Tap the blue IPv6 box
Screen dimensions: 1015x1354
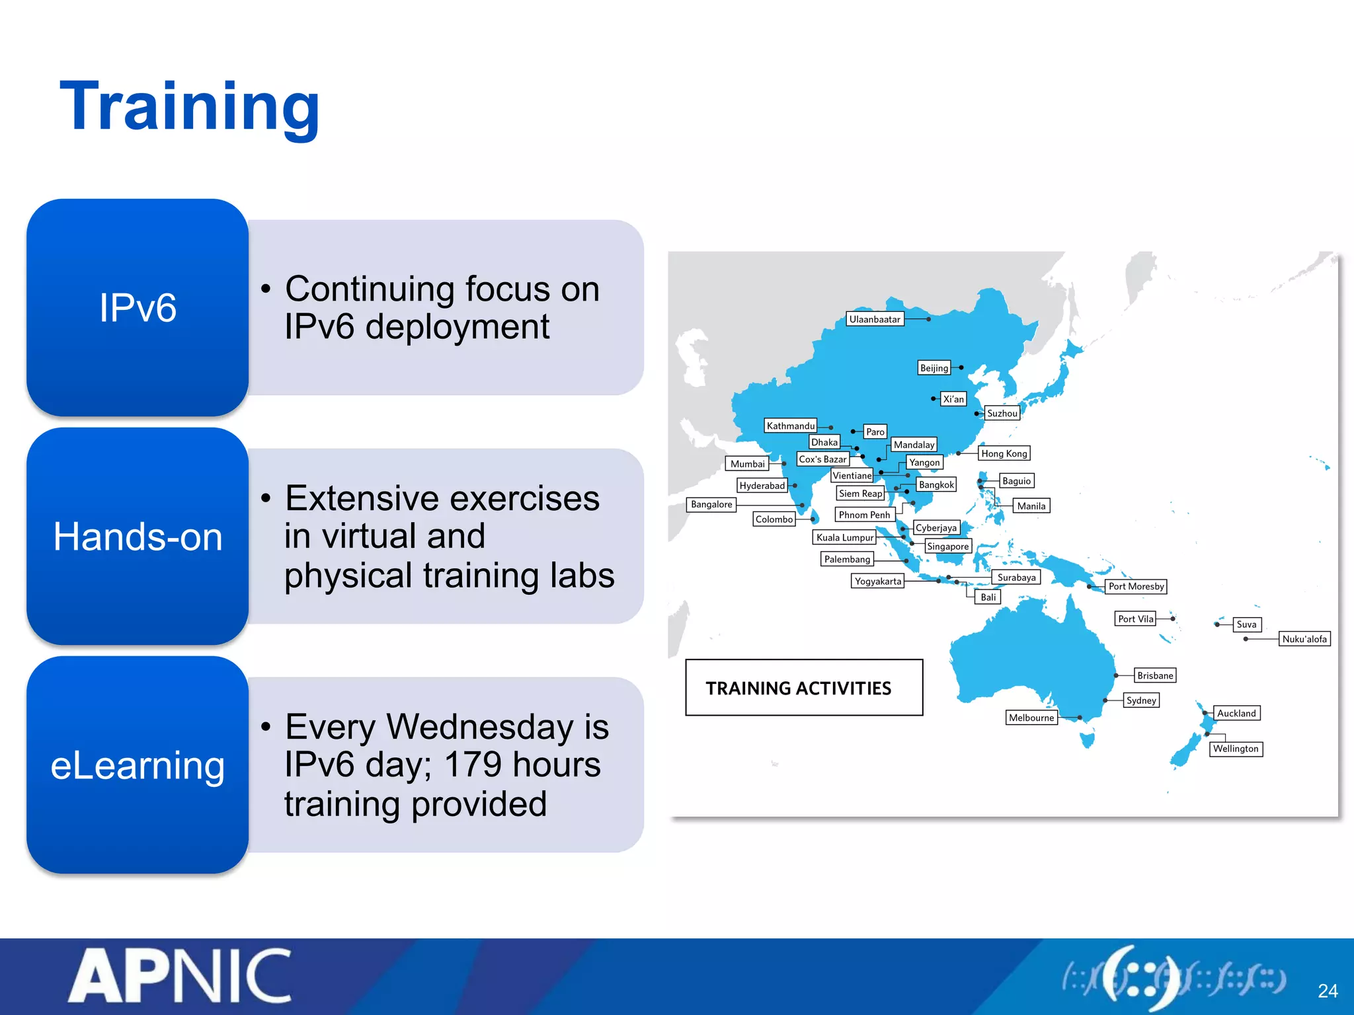(x=138, y=307)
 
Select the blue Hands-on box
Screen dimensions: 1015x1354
(x=138, y=536)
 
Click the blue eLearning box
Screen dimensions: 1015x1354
(x=138, y=765)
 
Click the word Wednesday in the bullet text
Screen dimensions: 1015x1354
(x=480, y=727)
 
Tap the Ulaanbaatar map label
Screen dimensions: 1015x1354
(x=874, y=319)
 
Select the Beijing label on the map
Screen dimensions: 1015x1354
(x=934, y=368)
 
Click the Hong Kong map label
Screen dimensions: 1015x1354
(x=1004, y=453)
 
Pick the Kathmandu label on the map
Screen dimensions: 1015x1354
(x=791, y=426)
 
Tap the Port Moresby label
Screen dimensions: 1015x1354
(x=1136, y=586)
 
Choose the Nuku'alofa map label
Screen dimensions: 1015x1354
(x=1304, y=639)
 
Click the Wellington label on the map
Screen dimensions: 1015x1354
(x=1235, y=749)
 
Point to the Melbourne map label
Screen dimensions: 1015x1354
(x=1031, y=718)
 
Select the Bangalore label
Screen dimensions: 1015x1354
(x=711, y=504)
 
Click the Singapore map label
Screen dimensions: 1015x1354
(x=947, y=546)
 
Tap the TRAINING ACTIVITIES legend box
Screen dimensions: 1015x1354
(x=804, y=688)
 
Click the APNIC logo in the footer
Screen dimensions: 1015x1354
(x=180, y=976)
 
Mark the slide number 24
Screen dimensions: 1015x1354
(x=1328, y=991)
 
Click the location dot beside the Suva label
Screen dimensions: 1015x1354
(x=1217, y=624)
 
